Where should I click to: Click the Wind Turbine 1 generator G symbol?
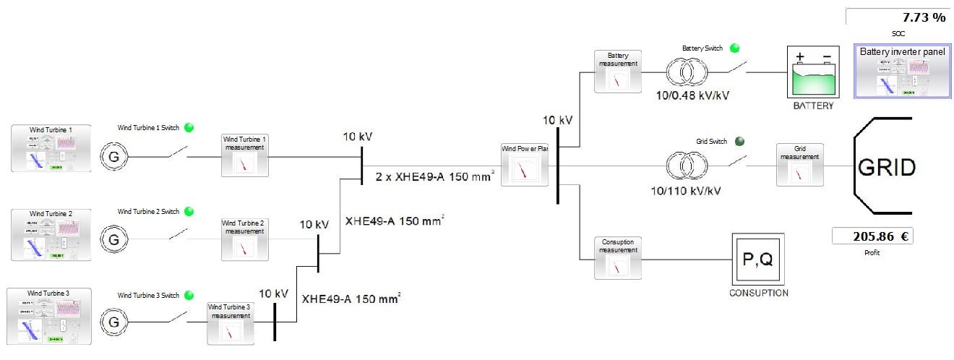[112, 156]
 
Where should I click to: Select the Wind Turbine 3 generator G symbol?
[112, 322]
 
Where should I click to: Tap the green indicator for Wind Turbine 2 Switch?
[189, 211]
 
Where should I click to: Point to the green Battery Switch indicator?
[735, 48]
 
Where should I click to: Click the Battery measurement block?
[617, 72]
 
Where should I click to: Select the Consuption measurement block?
[617, 258]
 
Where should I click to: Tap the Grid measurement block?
[798, 165]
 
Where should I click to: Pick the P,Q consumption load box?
[757, 259]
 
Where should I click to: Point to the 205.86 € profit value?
[872, 236]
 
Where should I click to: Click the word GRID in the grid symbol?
[887, 168]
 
